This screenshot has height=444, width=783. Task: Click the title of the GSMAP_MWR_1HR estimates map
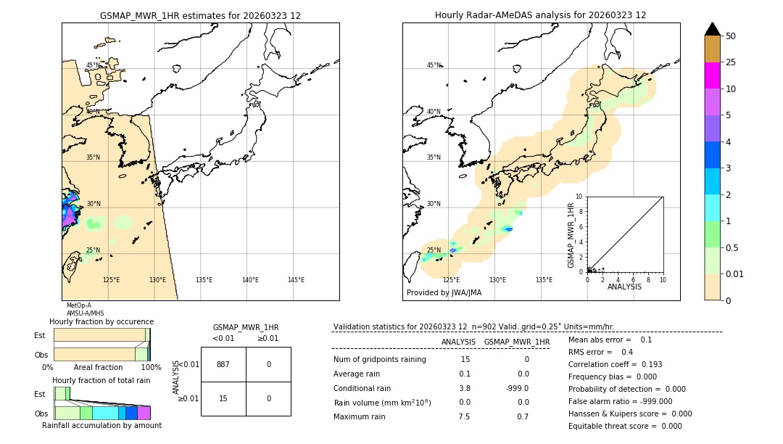(x=200, y=15)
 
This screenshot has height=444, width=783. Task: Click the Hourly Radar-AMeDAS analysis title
(x=540, y=15)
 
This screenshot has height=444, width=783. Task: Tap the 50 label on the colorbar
(x=731, y=36)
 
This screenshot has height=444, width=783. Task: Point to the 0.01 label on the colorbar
(x=735, y=274)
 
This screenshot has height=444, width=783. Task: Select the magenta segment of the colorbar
(x=712, y=75)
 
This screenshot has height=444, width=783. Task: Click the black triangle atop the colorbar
(x=712, y=29)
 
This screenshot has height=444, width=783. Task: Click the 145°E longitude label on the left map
(x=296, y=280)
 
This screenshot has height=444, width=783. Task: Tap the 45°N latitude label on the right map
(x=434, y=65)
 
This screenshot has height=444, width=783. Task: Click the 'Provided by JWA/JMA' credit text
(x=444, y=293)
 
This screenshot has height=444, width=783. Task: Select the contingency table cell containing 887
(x=223, y=364)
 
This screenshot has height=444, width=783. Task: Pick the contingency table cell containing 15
(x=223, y=398)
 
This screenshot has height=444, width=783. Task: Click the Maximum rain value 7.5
(x=464, y=416)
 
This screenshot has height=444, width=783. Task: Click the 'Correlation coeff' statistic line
(x=615, y=364)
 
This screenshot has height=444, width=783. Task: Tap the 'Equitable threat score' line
(x=625, y=426)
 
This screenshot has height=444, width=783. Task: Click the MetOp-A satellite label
(x=79, y=305)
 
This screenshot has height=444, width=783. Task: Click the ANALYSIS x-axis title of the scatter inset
(x=624, y=287)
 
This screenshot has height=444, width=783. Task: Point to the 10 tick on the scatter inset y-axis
(x=579, y=197)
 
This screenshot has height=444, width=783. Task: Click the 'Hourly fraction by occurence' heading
(x=101, y=321)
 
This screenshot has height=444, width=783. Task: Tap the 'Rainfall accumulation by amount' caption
(x=101, y=425)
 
